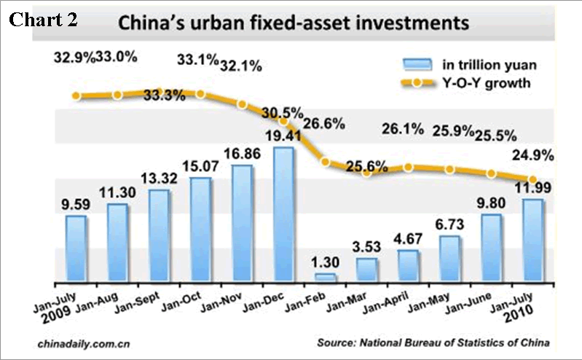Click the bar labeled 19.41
pyautogui.click(x=284, y=214)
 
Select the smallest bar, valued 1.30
pyautogui.click(x=326, y=278)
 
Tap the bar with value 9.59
pyautogui.click(x=76, y=249)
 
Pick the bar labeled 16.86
pyautogui.click(x=242, y=223)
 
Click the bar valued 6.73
pyautogui.click(x=450, y=258)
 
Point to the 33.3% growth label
pyautogui.click(x=164, y=95)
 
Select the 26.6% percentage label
pyautogui.click(x=324, y=123)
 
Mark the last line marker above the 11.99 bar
pyautogui.click(x=532, y=179)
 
